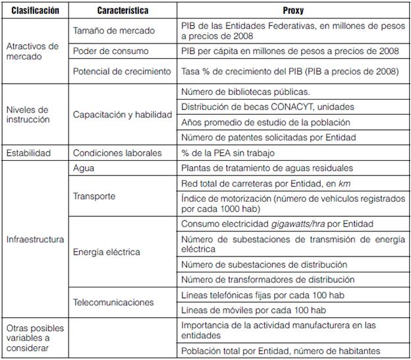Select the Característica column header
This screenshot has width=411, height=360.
click(x=123, y=11)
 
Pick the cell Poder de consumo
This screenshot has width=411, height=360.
click(x=110, y=51)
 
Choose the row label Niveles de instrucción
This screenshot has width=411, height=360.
click(x=28, y=115)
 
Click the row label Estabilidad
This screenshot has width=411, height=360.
click(x=28, y=153)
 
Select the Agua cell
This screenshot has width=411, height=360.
click(x=84, y=168)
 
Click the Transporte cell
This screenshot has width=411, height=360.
click(x=95, y=196)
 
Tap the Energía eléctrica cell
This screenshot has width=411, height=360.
click(x=106, y=252)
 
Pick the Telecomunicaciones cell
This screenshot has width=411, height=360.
click(x=113, y=302)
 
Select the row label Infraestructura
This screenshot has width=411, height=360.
click(x=35, y=239)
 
